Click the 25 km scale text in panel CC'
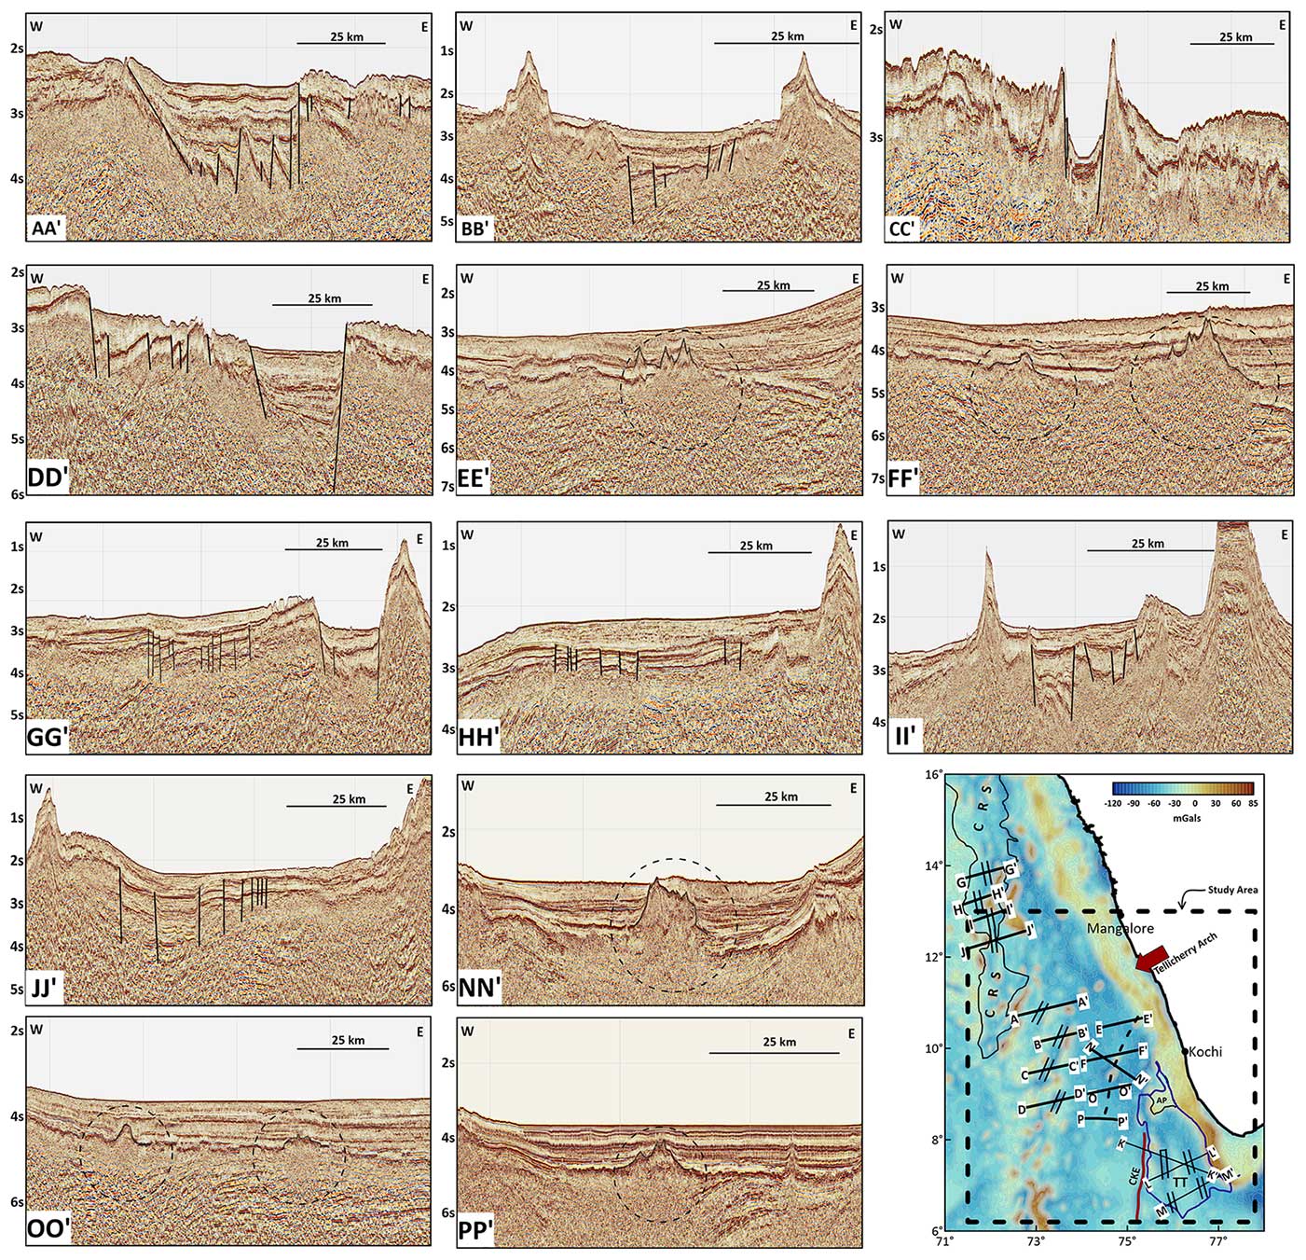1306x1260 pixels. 1235,37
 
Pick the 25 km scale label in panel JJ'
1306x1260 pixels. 349,799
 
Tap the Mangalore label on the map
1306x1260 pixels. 1120,929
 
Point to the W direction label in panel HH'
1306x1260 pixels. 468,535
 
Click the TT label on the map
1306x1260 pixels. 1180,1183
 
